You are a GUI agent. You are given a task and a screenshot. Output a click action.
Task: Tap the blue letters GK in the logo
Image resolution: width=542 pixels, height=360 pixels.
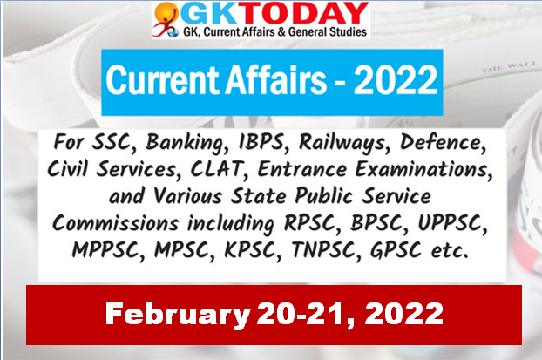(x=216, y=15)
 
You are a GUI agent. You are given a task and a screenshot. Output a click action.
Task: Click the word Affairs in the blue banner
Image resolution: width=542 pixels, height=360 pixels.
(x=275, y=80)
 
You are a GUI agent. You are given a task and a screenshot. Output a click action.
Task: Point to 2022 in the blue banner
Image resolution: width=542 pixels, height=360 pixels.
(x=395, y=80)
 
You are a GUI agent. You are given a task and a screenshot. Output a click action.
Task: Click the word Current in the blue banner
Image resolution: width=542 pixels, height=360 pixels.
(x=162, y=80)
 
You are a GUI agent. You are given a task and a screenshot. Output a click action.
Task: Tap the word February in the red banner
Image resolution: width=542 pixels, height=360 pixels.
(x=178, y=314)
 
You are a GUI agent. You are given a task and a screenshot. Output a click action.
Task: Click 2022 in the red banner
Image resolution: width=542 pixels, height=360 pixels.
(x=403, y=313)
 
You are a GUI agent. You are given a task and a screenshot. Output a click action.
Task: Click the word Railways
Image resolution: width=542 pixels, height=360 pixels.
(x=342, y=143)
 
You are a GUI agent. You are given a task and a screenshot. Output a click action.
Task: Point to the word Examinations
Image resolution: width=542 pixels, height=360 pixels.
(x=423, y=169)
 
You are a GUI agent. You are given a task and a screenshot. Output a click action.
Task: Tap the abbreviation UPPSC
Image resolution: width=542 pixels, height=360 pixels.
(x=451, y=222)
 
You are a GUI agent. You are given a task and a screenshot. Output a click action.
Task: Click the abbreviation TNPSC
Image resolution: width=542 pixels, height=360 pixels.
(x=323, y=249)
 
